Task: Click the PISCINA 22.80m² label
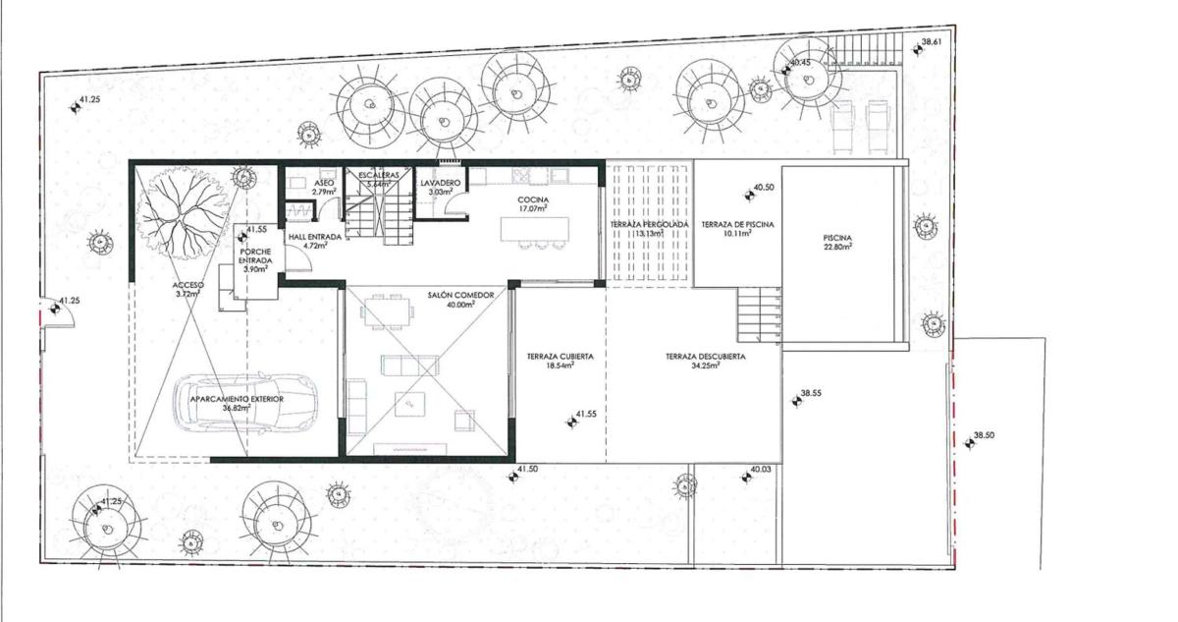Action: click(837, 242)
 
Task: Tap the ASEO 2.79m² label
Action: click(324, 187)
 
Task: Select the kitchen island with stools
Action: click(535, 233)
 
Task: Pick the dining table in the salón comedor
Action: click(387, 311)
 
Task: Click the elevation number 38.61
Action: click(932, 42)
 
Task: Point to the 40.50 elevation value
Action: click(764, 188)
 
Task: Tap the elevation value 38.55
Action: click(811, 393)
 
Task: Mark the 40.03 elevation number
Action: click(761, 469)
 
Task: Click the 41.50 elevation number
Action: click(527, 469)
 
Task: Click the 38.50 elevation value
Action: click(984, 435)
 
